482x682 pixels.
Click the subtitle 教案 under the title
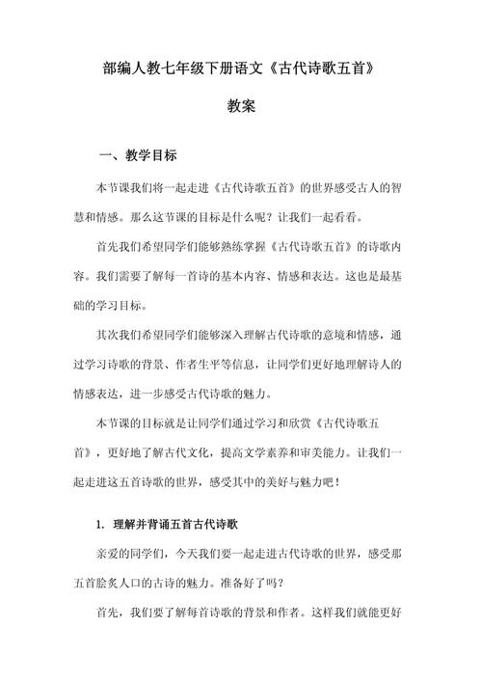[241, 108]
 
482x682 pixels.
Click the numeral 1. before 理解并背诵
[101, 524]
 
